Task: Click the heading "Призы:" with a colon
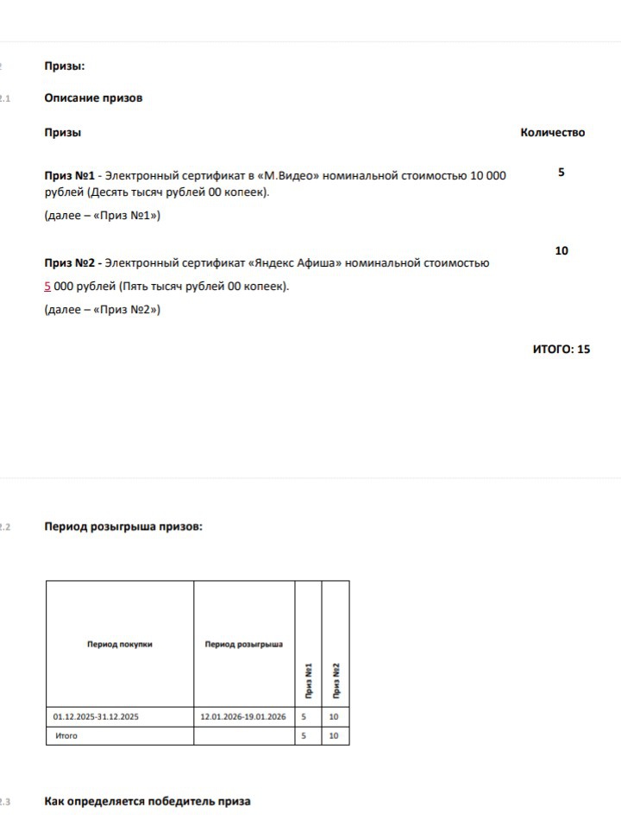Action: [64, 66]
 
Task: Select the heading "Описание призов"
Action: [93, 98]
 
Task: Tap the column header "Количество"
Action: [552, 132]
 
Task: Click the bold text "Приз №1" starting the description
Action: [69, 175]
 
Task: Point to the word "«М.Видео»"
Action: [288, 175]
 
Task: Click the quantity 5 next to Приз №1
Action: [561, 173]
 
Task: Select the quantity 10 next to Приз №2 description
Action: [561, 250]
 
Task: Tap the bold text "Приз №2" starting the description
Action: [69, 262]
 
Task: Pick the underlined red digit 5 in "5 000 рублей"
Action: [47, 286]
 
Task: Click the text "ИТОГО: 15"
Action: [561, 349]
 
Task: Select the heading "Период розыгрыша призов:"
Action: [123, 526]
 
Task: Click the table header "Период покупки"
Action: [119, 644]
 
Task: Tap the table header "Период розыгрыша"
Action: [244, 644]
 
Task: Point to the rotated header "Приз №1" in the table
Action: [309, 681]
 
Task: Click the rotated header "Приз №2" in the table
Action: [336, 681]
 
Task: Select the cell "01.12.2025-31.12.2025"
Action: [96, 716]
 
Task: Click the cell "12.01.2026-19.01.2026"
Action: [243, 716]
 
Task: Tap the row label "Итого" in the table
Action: [66, 735]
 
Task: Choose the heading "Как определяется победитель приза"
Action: [147, 801]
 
